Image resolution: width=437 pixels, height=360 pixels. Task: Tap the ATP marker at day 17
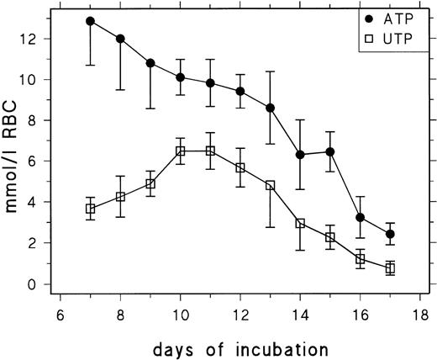[391, 234]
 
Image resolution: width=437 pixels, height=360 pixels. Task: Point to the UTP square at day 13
[271, 185]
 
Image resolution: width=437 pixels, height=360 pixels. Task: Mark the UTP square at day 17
[391, 268]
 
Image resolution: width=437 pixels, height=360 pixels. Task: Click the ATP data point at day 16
[361, 217]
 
